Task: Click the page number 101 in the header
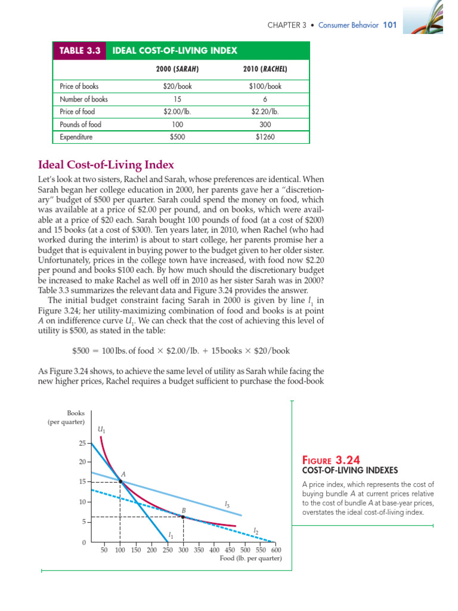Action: point(389,25)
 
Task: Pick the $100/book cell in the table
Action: point(265,86)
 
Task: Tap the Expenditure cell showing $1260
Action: point(265,137)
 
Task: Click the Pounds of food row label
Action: point(81,125)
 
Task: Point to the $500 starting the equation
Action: point(81,350)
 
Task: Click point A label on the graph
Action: point(123,474)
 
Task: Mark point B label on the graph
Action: point(184,510)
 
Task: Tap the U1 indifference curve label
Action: point(101,429)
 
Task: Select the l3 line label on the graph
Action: point(227,505)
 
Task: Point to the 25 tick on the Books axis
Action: point(83,443)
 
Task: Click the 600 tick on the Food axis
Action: point(276,550)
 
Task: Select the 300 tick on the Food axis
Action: point(182,550)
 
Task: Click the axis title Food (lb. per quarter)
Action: point(250,558)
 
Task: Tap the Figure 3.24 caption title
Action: point(332,460)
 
